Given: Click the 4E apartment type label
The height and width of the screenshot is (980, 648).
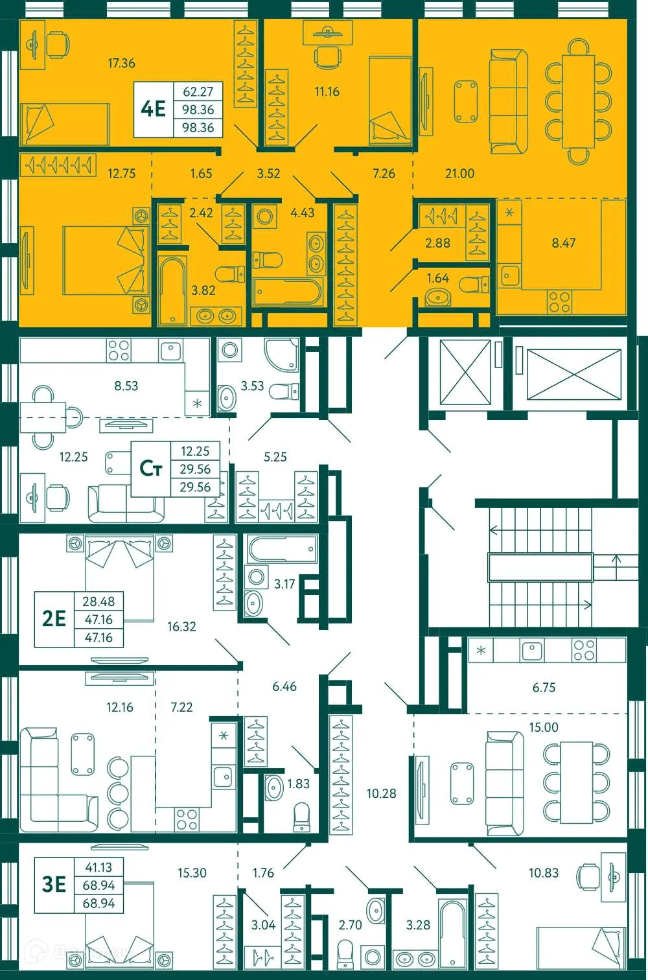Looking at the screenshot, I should (x=154, y=109).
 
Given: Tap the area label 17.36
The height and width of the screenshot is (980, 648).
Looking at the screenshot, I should (x=121, y=63).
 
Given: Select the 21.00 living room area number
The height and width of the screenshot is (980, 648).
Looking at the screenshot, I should (x=459, y=173).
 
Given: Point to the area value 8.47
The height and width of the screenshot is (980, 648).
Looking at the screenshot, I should (x=563, y=243).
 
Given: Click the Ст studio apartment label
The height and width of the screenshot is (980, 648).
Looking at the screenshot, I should (x=151, y=468).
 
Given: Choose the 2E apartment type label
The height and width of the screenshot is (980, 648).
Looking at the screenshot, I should (x=54, y=619).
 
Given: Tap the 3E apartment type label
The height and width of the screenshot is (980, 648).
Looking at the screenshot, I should (x=54, y=884).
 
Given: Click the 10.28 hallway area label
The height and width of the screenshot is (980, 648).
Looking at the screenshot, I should (x=381, y=793).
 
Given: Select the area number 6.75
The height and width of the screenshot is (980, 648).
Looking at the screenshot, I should (x=544, y=688).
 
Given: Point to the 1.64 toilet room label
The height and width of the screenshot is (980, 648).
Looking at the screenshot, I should (x=437, y=278).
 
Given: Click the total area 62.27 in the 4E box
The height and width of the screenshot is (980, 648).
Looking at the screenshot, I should (x=198, y=91).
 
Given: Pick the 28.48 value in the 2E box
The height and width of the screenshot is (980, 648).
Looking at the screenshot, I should (x=98, y=601).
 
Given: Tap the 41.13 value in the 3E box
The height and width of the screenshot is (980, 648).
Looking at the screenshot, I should (x=98, y=867).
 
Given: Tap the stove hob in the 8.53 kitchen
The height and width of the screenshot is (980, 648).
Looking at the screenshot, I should (x=119, y=350).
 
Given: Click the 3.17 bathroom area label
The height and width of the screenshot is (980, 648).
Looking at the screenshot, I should (x=284, y=584).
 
